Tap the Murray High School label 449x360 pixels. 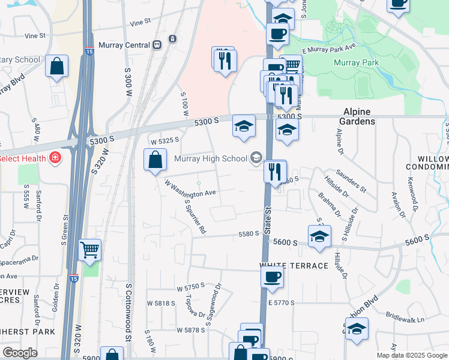[211, 158]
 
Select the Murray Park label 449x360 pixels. [356, 62]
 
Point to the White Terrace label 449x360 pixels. [294, 265]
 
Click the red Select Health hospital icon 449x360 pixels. [55, 158]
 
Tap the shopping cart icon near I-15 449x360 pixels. [90, 248]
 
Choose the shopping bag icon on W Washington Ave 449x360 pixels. [155, 160]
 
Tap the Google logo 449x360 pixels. [20, 353]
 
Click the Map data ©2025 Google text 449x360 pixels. [412, 355]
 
